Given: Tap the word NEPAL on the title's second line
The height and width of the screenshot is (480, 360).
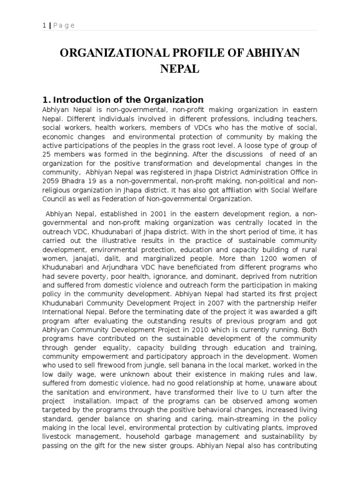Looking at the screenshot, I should point(180,70).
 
